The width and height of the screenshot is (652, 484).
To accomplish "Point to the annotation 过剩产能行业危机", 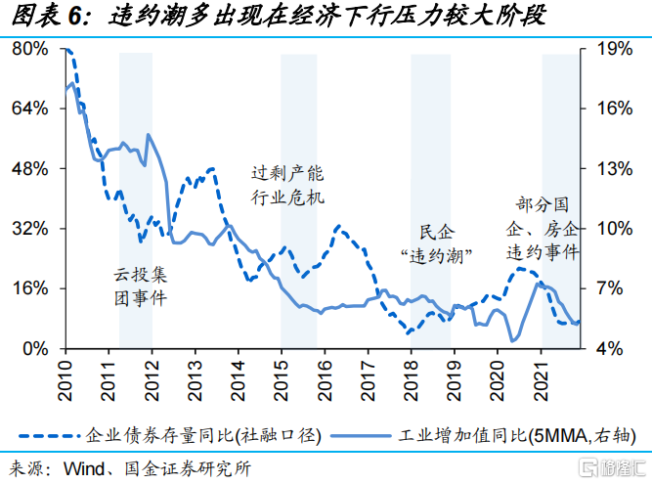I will coord(286,185).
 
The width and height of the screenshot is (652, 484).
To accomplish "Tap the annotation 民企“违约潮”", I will coord(437,244).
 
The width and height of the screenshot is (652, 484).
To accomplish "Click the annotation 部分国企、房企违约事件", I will coord(542,229).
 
